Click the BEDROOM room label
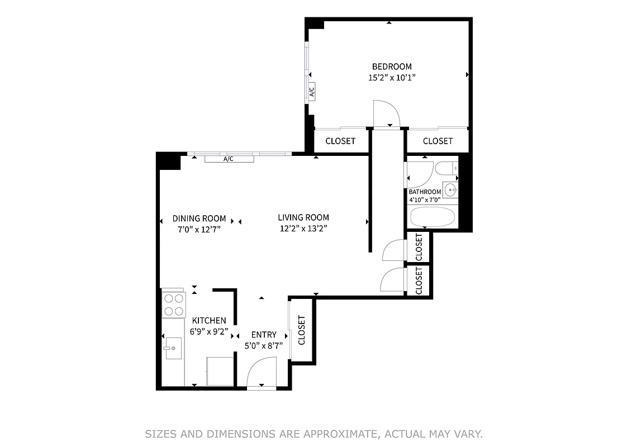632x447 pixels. tap(392, 66)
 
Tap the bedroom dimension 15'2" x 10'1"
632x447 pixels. tap(392, 78)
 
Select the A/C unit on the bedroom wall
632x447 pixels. tap(312, 92)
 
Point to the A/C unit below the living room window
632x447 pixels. tap(229, 159)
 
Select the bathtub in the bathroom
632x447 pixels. tap(433, 217)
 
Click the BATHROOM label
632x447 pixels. tap(425, 192)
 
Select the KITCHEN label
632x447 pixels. tap(209, 320)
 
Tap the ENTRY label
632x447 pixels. tap(264, 335)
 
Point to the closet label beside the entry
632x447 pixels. tap(302, 330)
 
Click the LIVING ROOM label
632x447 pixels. tap(303, 217)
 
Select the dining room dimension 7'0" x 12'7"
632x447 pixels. tap(199, 229)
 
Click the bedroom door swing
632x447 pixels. tap(386, 114)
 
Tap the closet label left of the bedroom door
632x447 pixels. tap(340, 141)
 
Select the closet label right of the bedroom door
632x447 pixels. tap(438, 141)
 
